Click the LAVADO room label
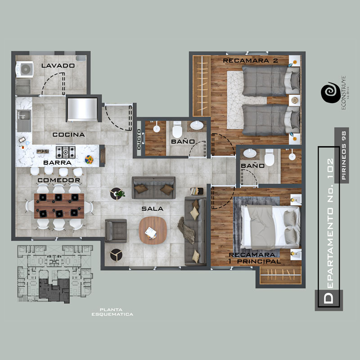(58, 66)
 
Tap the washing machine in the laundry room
(25, 69)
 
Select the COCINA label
(69, 135)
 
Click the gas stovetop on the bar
(66, 152)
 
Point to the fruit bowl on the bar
(89, 160)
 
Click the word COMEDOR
(59, 180)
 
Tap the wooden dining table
(59, 206)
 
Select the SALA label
(152, 209)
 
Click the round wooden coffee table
(153, 230)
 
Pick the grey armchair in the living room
(116, 231)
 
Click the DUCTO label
(139, 139)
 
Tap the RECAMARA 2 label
(250, 61)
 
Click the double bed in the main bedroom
(270, 227)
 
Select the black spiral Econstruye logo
(331, 93)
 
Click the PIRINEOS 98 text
(344, 155)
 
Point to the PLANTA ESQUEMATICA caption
(112, 312)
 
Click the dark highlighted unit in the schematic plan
(54, 290)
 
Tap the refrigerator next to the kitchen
(82, 109)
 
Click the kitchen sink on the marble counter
(24, 121)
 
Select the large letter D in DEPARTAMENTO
(328, 298)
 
